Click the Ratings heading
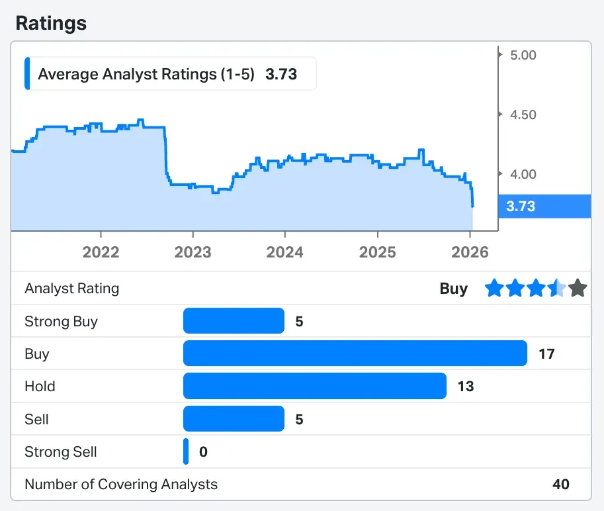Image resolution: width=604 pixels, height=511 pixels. pyautogui.click(x=51, y=23)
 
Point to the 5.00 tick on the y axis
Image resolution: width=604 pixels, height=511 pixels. pyautogui.click(x=523, y=55)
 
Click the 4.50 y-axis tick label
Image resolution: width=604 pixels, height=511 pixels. pyautogui.click(x=523, y=115)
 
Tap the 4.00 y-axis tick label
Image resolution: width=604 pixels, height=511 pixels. pyautogui.click(x=523, y=174)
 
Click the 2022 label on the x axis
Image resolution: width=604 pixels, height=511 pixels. pyautogui.click(x=101, y=252)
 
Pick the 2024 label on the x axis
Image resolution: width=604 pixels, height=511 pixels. pyautogui.click(x=284, y=252)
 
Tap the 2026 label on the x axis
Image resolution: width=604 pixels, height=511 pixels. pyautogui.click(x=469, y=252)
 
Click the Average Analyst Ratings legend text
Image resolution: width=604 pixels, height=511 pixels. pyautogui.click(x=146, y=74)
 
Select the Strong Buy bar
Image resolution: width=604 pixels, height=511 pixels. pyautogui.click(x=234, y=321)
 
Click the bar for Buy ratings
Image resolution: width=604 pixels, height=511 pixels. pyautogui.click(x=355, y=353)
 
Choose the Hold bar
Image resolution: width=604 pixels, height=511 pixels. pyautogui.click(x=314, y=386)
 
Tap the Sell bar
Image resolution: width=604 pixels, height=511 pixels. pyautogui.click(x=234, y=419)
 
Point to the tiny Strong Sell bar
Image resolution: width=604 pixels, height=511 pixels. pyautogui.click(x=186, y=451)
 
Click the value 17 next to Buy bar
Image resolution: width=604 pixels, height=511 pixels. pyautogui.click(x=546, y=354)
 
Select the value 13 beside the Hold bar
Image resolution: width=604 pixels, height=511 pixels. pyautogui.click(x=466, y=387)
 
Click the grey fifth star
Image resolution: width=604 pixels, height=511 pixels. pyautogui.click(x=578, y=289)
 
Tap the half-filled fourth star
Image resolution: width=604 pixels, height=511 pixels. pyautogui.click(x=557, y=289)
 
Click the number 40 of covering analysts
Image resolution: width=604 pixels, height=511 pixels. pyautogui.click(x=561, y=485)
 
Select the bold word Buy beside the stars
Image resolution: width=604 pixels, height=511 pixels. pyautogui.click(x=453, y=289)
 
